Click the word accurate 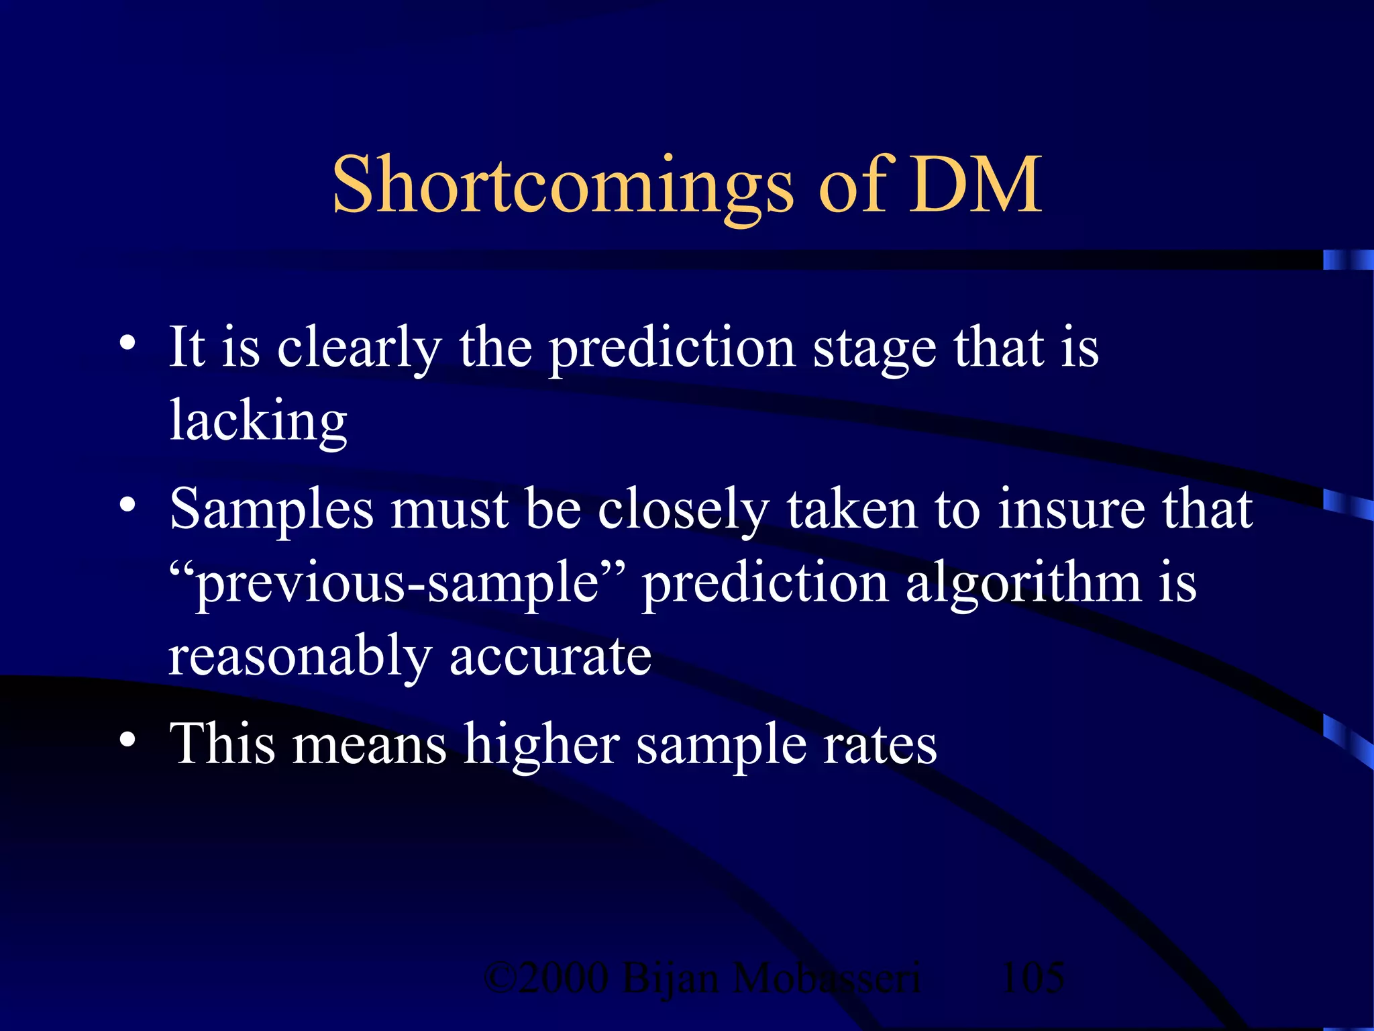coord(550,656)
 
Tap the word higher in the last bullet coord(542,745)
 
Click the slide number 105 coord(1032,977)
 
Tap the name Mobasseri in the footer coord(827,977)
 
